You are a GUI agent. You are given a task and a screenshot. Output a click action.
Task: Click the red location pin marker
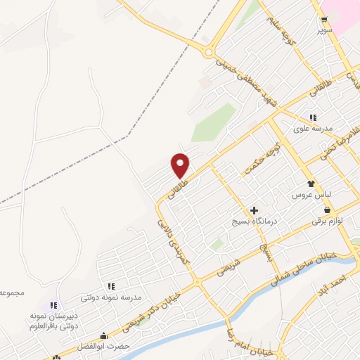point(181,165)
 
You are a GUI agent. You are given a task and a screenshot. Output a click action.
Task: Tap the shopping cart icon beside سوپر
point(324,20)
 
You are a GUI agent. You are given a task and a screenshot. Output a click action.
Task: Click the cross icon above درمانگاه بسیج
point(255,210)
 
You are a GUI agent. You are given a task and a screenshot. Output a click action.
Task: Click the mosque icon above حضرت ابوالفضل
point(104,336)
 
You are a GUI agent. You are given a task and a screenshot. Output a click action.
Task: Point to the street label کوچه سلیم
point(278,28)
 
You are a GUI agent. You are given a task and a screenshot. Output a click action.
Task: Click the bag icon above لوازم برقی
point(327,210)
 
